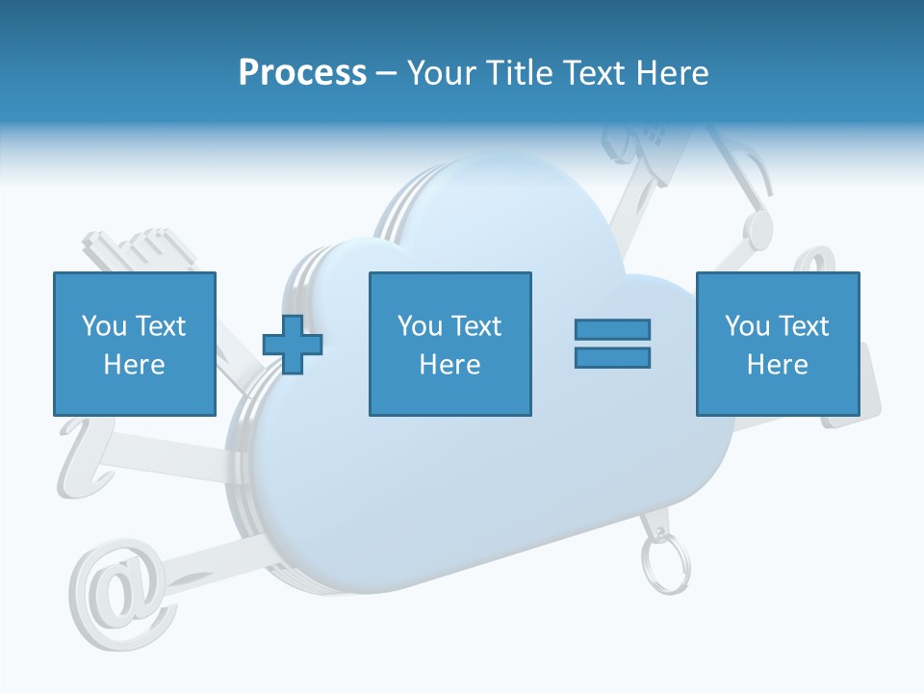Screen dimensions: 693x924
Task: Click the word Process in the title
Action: click(302, 73)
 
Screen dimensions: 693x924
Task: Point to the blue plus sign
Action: click(293, 344)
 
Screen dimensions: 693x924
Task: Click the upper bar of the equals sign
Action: click(612, 329)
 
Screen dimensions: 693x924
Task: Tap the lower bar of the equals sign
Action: click(612, 357)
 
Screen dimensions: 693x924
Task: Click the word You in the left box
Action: click(104, 326)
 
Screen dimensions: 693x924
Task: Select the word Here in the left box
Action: click(134, 365)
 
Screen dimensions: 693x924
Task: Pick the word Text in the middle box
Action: click(475, 326)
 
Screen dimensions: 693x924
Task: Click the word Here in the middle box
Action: click(449, 365)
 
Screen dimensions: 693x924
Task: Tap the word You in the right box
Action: click(747, 326)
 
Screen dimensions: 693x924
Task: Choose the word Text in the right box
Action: click(803, 326)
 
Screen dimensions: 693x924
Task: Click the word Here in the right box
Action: click(777, 365)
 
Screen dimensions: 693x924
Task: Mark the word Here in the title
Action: click(674, 73)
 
